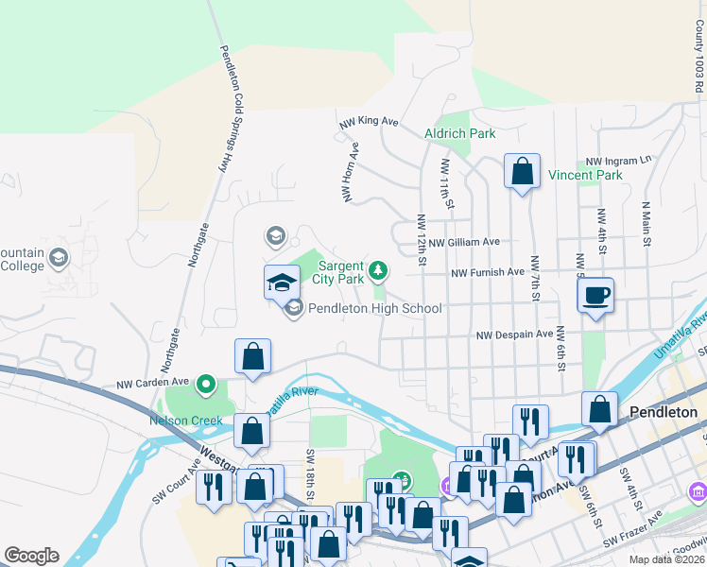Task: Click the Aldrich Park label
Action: pyautogui.click(x=460, y=133)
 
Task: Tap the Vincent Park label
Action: pyautogui.click(x=585, y=175)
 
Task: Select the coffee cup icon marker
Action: pyautogui.click(x=595, y=297)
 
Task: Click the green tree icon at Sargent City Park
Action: pyautogui.click(x=378, y=272)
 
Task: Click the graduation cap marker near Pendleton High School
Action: pyautogui.click(x=282, y=283)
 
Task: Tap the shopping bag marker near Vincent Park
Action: pyautogui.click(x=522, y=172)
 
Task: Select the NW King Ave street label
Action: pyautogui.click(x=369, y=121)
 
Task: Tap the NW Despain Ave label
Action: pyautogui.click(x=514, y=335)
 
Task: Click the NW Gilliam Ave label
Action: pyautogui.click(x=463, y=242)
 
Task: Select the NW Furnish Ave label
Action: pyautogui.click(x=488, y=272)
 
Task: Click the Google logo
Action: pyautogui.click(x=31, y=556)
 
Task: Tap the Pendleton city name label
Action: pyautogui.click(x=664, y=412)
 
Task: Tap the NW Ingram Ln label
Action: pyautogui.click(x=619, y=161)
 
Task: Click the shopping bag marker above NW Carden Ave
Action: pyautogui.click(x=253, y=356)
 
